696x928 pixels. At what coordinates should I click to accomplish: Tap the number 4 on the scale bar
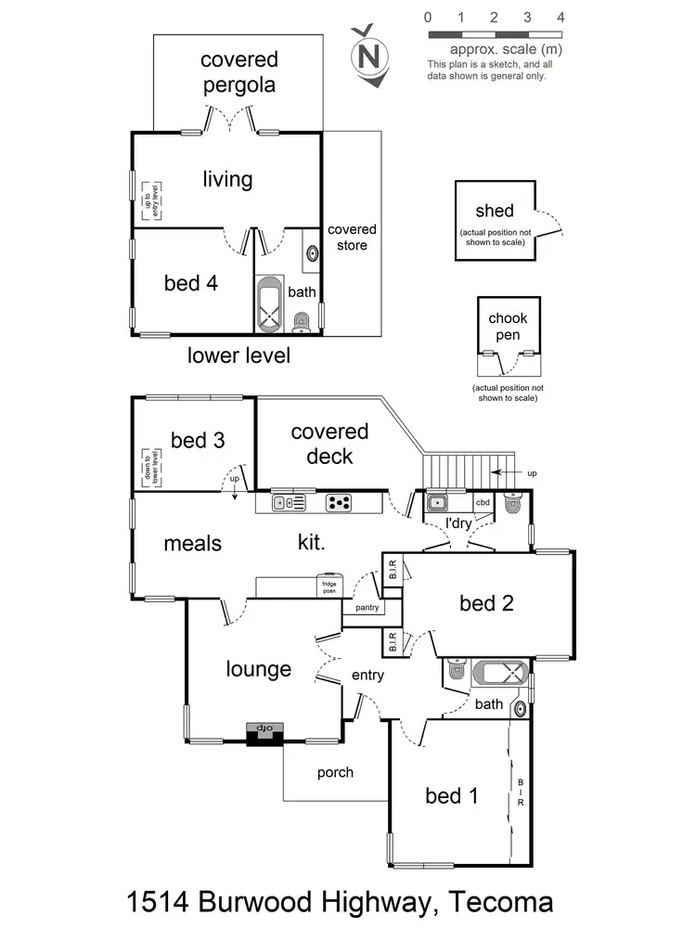point(561,17)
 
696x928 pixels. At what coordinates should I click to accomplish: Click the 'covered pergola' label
point(238,72)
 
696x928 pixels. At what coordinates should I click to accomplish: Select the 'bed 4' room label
point(191,283)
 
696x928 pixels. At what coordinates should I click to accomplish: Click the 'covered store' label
point(352,238)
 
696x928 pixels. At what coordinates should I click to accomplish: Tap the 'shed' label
point(494,212)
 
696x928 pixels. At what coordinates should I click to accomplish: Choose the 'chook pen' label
point(507,327)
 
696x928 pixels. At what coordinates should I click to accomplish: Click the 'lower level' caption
point(238,355)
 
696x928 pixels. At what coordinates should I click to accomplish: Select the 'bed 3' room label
point(198,440)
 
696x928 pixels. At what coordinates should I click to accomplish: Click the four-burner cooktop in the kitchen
point(340,503)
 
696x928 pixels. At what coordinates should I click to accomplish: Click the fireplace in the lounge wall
point(264,732)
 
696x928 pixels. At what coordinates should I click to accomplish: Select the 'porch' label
point(335,772)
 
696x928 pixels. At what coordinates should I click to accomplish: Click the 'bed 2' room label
point(486,603)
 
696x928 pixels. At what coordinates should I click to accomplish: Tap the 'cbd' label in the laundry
point(483,502)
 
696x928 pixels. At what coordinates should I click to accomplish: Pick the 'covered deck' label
point(329,444)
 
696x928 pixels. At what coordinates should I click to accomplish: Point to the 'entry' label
point(367,676)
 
